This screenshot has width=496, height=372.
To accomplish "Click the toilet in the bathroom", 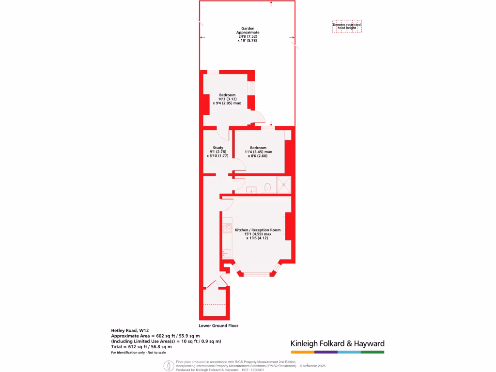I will click(267, 187).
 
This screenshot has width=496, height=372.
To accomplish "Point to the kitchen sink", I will click(227, 253).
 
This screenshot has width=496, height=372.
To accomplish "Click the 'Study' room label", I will click(217, 148).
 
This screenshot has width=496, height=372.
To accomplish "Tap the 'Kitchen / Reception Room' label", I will click(258, 230).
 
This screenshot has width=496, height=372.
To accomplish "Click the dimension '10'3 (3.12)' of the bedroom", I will click(227, 99).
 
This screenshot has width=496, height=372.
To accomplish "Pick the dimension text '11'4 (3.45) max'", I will click(258, 152).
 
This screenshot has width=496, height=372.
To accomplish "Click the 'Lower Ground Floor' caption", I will click(218, 325).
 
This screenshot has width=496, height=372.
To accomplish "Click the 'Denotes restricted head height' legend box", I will click(347, 26).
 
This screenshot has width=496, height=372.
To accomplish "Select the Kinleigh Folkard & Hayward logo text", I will click(337, 343).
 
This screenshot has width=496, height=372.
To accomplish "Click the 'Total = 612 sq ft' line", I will click(141, 347).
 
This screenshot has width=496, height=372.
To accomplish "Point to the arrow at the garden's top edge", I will click(271, 4).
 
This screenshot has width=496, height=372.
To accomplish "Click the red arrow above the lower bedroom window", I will click(271, 123).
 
